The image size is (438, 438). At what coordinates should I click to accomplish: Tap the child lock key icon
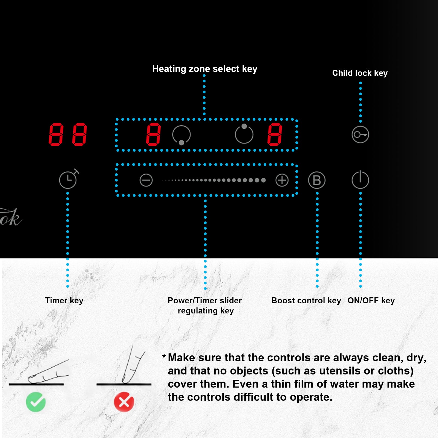360,134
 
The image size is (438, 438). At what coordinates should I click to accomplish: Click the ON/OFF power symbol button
360,180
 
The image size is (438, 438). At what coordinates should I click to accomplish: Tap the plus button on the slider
282,180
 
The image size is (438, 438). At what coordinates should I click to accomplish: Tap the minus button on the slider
146,180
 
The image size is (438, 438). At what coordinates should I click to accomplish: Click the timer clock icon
68,180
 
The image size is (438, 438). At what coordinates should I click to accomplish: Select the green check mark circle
36,402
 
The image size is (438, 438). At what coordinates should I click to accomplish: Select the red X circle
124,402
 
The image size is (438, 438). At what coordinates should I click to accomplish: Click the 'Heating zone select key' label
205,69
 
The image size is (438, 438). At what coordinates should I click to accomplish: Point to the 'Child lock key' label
360,73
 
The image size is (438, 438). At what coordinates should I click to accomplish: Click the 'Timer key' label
64,301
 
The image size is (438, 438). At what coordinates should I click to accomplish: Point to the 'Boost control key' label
306,301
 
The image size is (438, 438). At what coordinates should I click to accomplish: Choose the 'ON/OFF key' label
371,301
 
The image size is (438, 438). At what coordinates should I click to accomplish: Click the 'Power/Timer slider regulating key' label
205,306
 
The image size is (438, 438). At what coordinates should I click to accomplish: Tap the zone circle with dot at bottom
181,135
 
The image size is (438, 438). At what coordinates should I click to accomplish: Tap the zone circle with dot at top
244,134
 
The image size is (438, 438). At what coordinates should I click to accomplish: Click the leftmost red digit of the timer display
56,134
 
